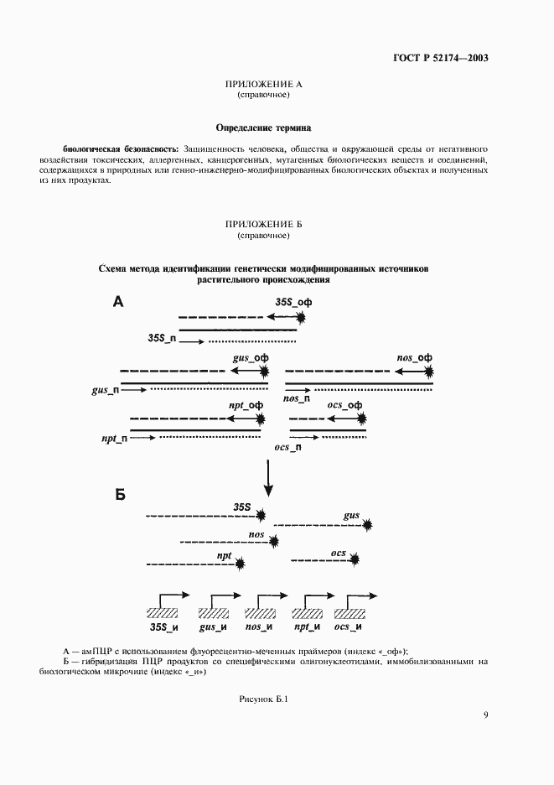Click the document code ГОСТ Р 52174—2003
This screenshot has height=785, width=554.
click(x=441, y=58)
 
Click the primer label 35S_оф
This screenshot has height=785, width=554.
click(x=293, y=302)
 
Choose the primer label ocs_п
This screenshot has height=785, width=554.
click(x=288, y=448)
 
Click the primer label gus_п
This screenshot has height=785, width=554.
click(x=105, y=390)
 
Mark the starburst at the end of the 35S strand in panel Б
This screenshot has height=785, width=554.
click(x=263, y=516)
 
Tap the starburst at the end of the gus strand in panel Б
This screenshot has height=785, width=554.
click(x=368, y=526)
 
